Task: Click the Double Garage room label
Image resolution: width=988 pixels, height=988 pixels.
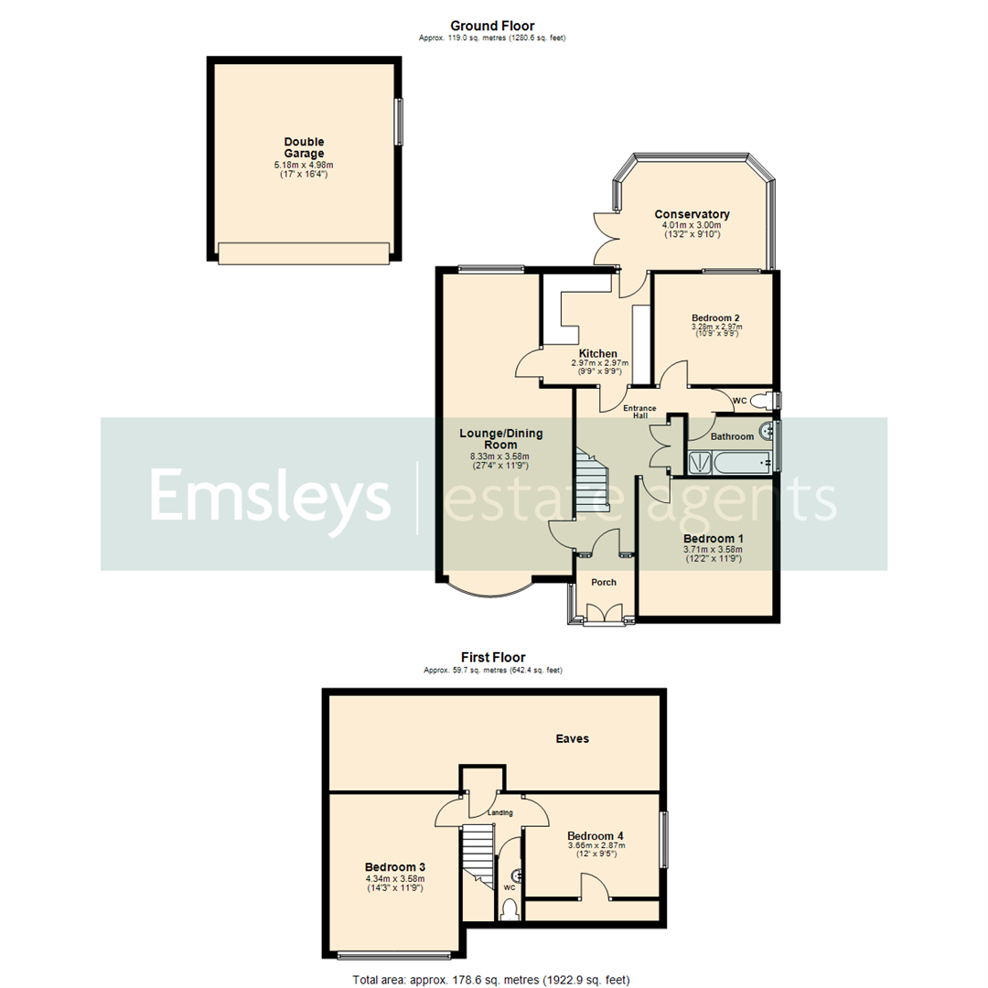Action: click(304, 147)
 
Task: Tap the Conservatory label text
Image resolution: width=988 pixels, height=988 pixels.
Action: click(698, 215)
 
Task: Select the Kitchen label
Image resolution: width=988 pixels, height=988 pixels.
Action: click(597, 353)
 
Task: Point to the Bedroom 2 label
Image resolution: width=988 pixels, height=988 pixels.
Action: click(715, 317)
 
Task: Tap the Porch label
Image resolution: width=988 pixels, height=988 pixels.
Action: click(603, 583)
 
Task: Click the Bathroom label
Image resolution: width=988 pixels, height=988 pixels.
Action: click(734, 437)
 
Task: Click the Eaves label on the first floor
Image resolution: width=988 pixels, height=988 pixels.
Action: click(576, 737)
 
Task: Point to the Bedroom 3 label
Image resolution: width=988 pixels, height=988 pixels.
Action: click(394, 866)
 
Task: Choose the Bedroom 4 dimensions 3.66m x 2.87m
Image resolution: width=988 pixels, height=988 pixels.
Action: click(596, 846)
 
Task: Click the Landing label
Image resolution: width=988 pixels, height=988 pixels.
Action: click(499, 812)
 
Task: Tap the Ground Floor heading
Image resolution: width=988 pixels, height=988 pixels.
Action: click(492, 26)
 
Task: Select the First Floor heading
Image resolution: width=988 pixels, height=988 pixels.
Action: click(492, 657)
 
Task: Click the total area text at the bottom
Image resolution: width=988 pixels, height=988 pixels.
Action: click(492, 980)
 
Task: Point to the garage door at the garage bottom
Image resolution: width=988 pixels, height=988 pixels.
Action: click(305, 252)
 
